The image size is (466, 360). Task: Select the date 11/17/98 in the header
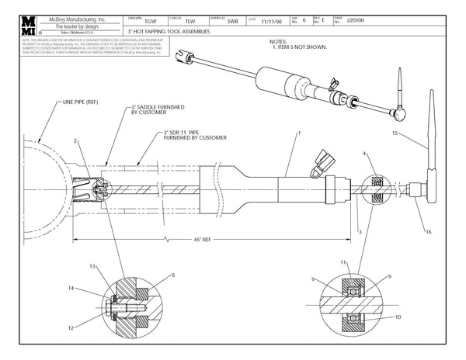click(272, 22)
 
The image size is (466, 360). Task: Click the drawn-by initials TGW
click(139, 22)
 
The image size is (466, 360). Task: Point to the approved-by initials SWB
click(233, 22)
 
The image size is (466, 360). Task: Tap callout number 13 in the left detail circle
click(92, 266)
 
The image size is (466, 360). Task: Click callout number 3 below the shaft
click(360, 231)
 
